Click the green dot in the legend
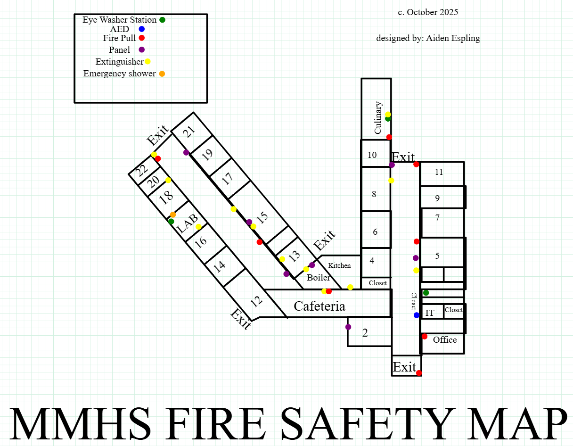(x=162, y=20)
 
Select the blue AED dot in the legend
(x=141, y=29)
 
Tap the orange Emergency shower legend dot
(x=162, y=74)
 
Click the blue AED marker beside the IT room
(x=417, y=315)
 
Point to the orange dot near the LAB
(x=173, y=215)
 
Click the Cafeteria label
(x=319, y=306)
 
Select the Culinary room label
(x=378, y=118)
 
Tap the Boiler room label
(x=319, y=278)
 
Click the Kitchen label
(x=339, y=265)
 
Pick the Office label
(x=445, y=340)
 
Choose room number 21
(x=189, y=132)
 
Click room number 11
(x=439, y=172)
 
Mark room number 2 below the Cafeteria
(x=365, y=333)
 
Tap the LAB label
(x=187, y=224)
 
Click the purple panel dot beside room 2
(x=348, y=327)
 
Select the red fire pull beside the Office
(x=425, y=336)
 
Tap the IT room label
(x=430, y=313)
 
